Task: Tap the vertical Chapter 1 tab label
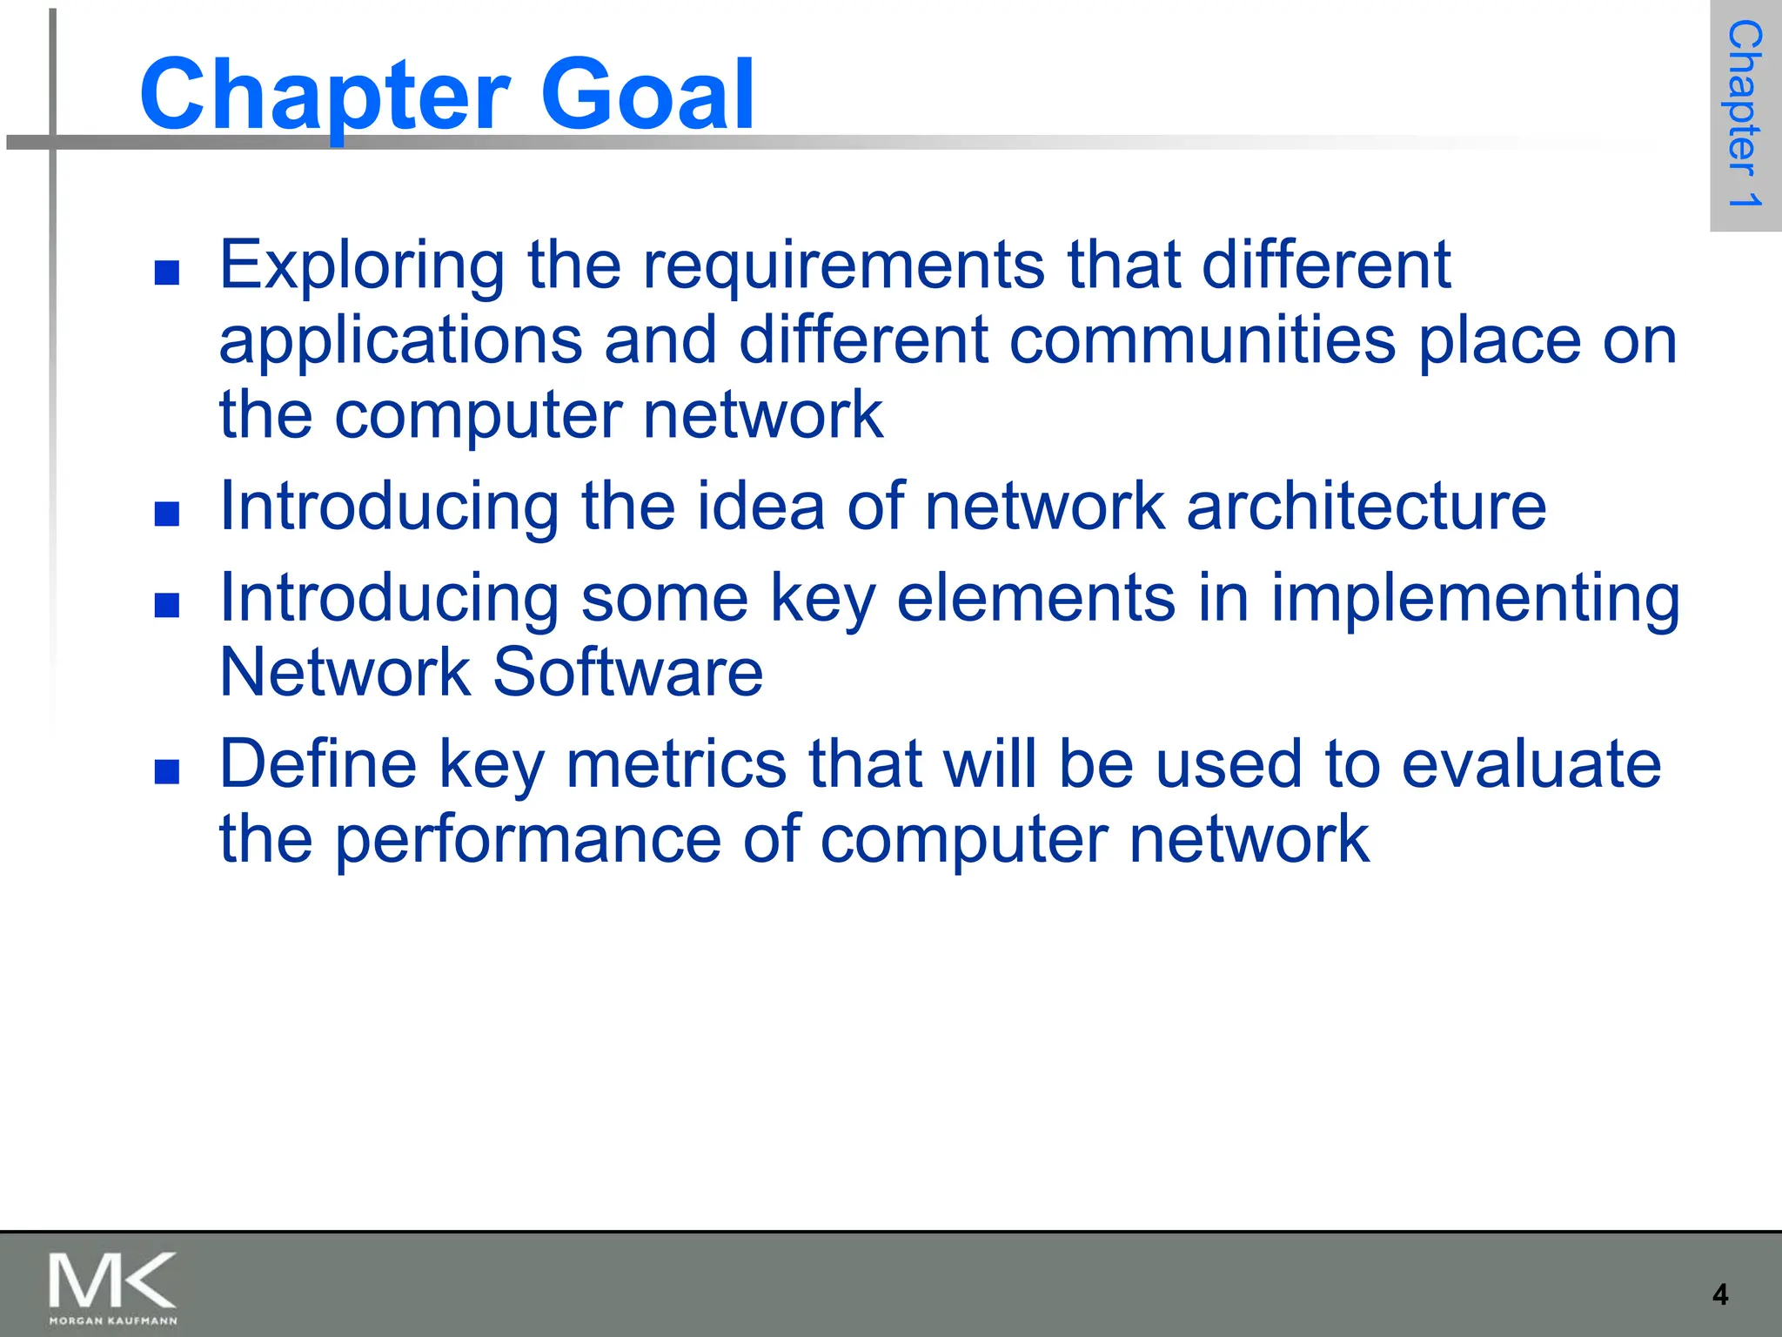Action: coord(1745,114)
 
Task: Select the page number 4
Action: coord(1720,1294)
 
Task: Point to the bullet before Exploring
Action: coord(166,273)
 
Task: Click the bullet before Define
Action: coord(166,771)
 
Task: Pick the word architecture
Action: coord(1366,506)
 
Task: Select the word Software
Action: coord(627,673)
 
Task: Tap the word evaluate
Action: coord(1531,764)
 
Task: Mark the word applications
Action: coord(400,342)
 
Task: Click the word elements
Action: coord(1035,598)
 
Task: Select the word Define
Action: coord(318,764)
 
